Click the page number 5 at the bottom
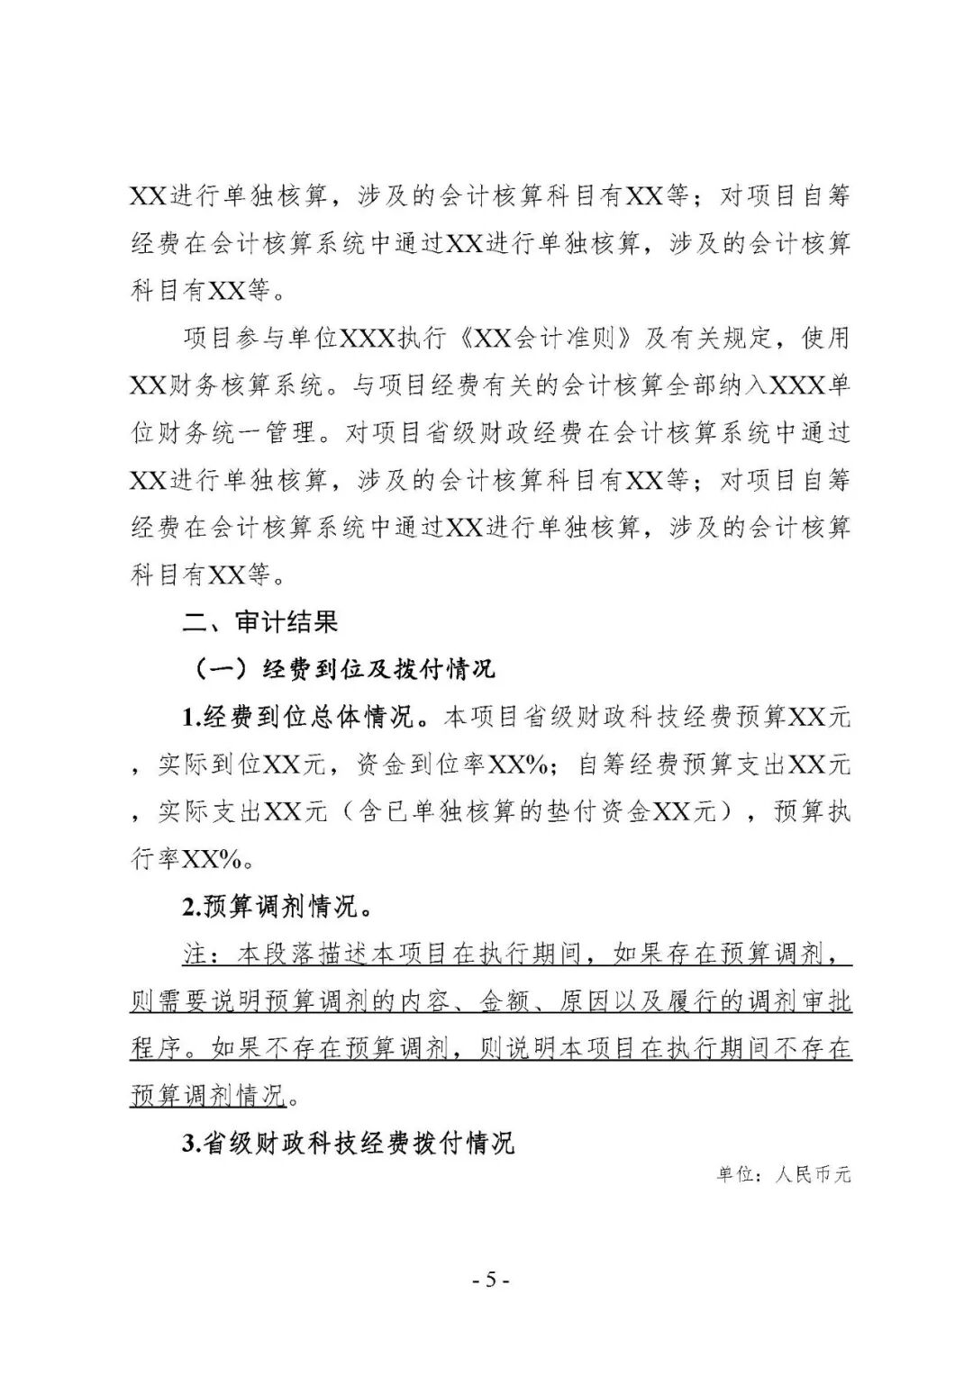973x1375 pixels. pyautogui.click(x=490, y=1280)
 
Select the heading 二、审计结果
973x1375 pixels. pyautogui.click(x=260, y=621)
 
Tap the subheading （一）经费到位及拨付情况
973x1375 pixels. pyautogui.click(x=343, y=669)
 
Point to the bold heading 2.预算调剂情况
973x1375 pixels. pyautogui.click(x=277, y=906)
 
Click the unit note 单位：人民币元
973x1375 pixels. pyautogui.click(x=784, y=1174)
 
